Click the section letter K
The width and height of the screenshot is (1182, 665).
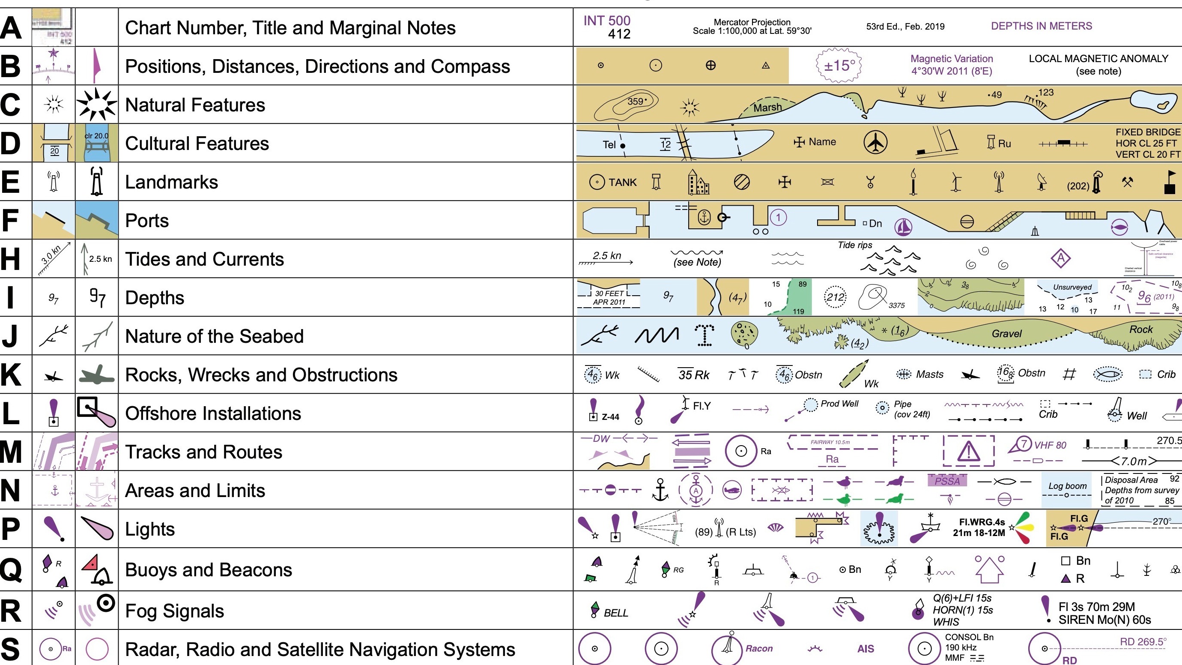click(11, 374)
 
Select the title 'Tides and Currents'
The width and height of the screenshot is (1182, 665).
click(204, 259)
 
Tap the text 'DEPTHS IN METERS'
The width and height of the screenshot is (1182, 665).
click(1041, 26)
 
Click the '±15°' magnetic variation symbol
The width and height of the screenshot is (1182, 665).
click(839, 66)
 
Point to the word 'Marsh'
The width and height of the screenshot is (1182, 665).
click(767, 108)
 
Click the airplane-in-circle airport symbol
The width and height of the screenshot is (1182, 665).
click(875, 143)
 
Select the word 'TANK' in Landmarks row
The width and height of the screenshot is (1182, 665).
click(622, 183)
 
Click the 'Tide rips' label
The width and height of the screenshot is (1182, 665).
click(854, 245)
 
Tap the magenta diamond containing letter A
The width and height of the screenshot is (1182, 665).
click(1060, 258)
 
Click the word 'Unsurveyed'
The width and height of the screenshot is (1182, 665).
click(1072, 287)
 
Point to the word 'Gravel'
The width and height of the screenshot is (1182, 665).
click(1006, 334)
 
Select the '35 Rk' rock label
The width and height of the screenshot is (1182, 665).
click(693, 375)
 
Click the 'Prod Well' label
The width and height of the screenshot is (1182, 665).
click(839, 404)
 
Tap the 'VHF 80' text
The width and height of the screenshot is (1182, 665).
click(1050, 445)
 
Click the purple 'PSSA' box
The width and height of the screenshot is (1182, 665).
click(947, 481)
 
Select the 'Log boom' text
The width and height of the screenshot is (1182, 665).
click(1067, 486)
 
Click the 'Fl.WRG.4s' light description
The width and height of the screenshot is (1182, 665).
click(982, 522)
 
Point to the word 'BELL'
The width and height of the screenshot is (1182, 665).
click(615, 613)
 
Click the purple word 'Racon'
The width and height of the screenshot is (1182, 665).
click(758, 648)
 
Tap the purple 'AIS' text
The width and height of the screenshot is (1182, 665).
click(866, 649)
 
